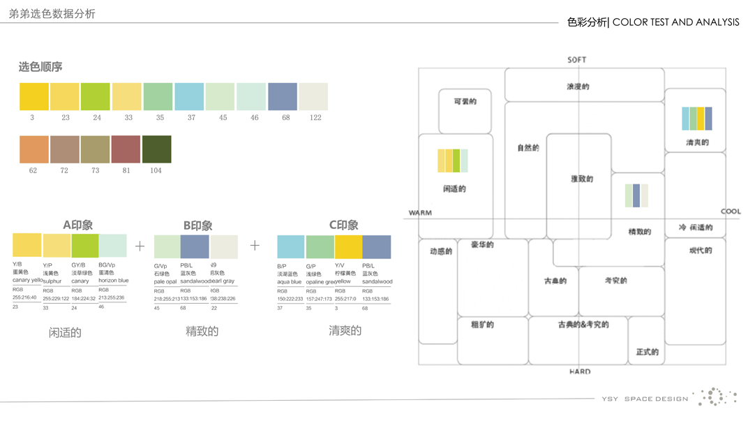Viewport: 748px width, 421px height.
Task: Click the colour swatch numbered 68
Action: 283,96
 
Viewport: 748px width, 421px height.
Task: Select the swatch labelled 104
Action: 156,149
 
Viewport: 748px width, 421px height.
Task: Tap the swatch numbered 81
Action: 126,149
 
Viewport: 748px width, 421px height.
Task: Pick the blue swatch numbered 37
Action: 189,96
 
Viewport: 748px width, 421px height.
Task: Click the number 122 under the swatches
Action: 315,117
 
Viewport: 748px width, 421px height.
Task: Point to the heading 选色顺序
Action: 40,67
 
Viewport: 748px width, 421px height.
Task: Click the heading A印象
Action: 77,225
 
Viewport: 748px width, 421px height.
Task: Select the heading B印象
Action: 197,226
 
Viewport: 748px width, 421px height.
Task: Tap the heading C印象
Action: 343,225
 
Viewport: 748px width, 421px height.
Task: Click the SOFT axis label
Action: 577,60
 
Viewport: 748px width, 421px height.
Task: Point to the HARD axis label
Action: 579,371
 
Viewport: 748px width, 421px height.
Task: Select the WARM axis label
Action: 420,212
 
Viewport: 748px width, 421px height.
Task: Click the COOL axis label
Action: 731,212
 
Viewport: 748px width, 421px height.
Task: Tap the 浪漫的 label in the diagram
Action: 578,87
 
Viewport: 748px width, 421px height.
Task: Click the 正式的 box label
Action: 647,352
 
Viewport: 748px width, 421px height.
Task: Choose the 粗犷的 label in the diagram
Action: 482,325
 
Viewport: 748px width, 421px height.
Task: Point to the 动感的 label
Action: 441,251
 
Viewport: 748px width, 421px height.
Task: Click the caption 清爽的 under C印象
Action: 345,331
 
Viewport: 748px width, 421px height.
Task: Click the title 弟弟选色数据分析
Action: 52,14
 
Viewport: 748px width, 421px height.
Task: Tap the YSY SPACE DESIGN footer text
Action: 645,399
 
